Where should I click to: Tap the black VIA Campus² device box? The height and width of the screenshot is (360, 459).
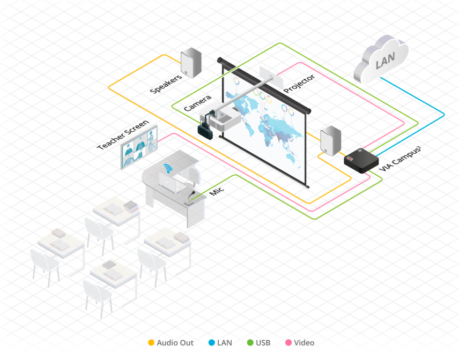pyautogui.click(x=361, y=160)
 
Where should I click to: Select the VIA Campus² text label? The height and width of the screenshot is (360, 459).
pyautogui.click(x=399, y=158)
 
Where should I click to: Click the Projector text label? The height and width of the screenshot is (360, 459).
pyautogui.click(x=299, y=84)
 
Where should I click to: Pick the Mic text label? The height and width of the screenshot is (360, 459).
pyautogui.click(x=216, y=190)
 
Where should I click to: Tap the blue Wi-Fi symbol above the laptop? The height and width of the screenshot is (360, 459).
pyautogui.click(x=169, y=169)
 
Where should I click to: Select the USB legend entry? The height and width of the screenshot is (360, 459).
pyautogui.click(x=263, y=343)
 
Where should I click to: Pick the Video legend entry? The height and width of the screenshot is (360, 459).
pyautogui.click(x=304, y=343)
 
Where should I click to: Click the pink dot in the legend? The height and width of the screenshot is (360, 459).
pyautogui.click(x=288, y=343)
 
